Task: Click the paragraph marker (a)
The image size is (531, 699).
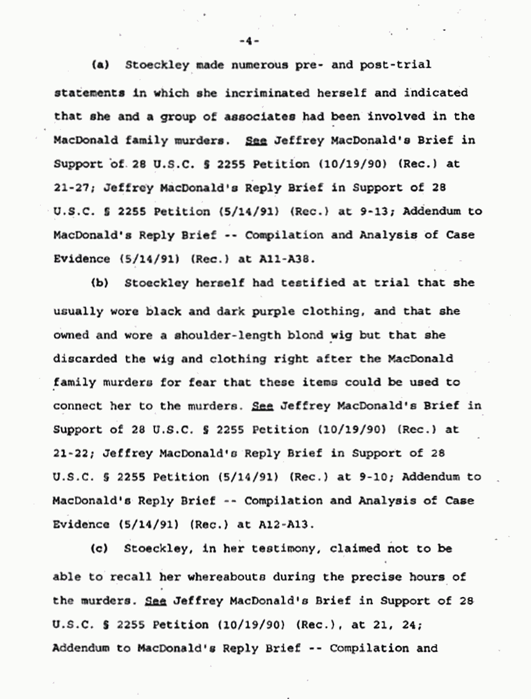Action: tap(100, 64)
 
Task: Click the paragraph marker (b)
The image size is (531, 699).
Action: tap(100, 283)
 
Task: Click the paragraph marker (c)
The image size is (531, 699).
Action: tap(100, 548)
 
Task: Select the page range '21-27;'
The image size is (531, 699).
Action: tap(73, 188)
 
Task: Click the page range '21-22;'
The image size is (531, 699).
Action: tap(73, 453)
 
